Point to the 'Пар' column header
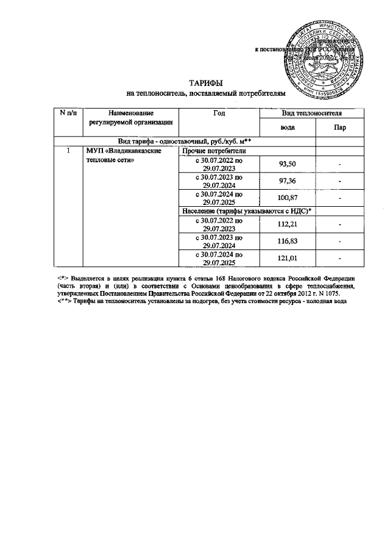pos(339,127)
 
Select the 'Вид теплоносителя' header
pos(311,113)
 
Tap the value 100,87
pos(287,199)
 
